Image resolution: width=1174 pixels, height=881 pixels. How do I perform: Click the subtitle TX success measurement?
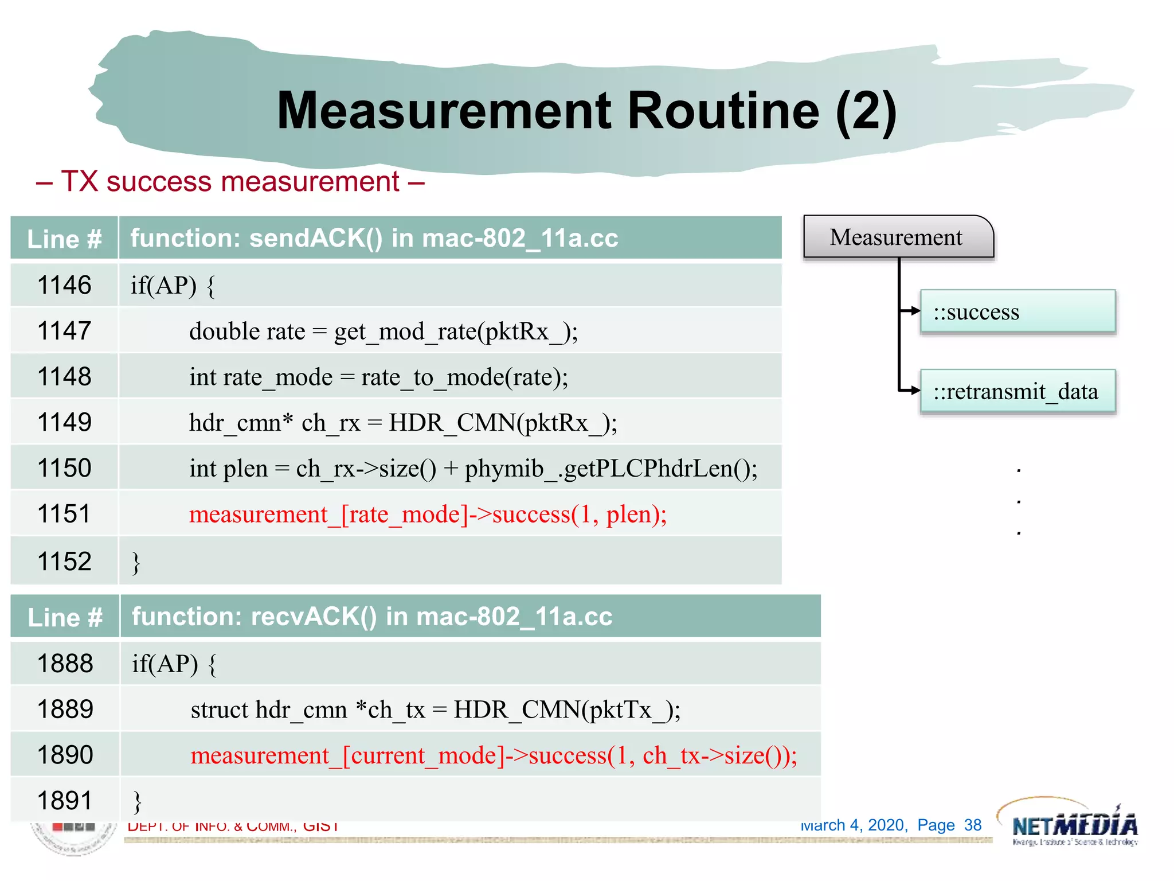pos(230,182)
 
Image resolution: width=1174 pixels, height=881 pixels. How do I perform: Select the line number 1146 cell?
pos(64,285)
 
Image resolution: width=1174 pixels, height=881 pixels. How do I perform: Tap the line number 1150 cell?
pos(64,468)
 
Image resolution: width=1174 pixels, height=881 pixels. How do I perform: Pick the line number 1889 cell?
pos(65,710)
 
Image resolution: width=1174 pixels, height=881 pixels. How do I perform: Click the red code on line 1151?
pos(428,514)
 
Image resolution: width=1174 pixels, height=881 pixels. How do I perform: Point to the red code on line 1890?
pos(494,755)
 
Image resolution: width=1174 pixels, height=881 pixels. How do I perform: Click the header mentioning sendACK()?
pos(374,238)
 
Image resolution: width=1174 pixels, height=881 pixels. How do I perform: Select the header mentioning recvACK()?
pos(372,617)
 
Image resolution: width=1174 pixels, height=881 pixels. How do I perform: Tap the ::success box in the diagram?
pos(1018,311)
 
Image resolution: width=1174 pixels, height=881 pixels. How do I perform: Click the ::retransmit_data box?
pos(1018,392)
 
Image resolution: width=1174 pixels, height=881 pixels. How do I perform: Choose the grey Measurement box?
pos(897,237)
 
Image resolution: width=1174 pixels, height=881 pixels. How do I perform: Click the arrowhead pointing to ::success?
pos(915,311)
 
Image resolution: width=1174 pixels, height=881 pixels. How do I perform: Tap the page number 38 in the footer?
pos(973,825)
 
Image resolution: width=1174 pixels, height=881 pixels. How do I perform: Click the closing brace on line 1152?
pos(136,562)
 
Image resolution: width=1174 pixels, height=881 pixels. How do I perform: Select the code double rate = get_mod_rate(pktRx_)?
pos(383,331)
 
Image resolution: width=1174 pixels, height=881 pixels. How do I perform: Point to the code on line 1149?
pos(403,423)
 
